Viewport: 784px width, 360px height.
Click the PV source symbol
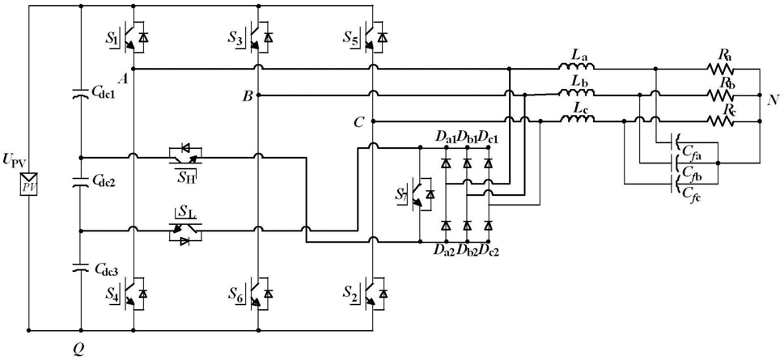click(29, 185)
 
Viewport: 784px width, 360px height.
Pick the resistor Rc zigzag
click(720, 121)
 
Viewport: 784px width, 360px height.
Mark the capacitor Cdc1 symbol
click(80, 93)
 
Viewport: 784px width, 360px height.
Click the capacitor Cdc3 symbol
click(80, 268)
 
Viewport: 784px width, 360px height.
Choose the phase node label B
click(247, 96)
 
